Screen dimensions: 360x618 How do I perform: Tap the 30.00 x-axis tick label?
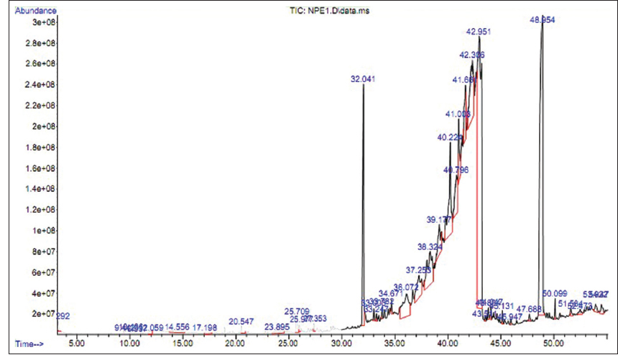[341, 344]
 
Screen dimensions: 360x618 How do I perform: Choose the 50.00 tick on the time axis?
[553, 344]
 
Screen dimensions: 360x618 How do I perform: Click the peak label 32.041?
[363, 78]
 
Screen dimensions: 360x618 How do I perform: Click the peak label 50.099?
[555, 294]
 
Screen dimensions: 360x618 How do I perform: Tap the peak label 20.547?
[242, 321]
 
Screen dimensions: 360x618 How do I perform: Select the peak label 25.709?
[297, 312]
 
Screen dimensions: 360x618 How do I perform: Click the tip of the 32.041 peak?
[364, 86]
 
